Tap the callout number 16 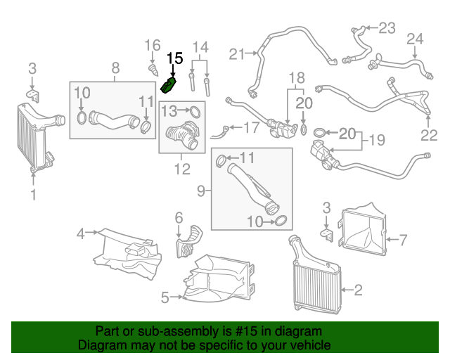[x=153, y=46]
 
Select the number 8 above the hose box [x=116, y=68]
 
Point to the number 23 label [x=387, y=28]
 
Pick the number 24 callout [x=415, y=38]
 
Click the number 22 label [x=429, y=135]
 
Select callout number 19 [x=377, y=140]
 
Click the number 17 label [x=251, y=128]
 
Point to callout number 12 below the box [x=182, y=169]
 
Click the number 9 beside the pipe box [x=200, y=190]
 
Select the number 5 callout [x=165, y=297]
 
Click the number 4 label [x=81, y=233]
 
